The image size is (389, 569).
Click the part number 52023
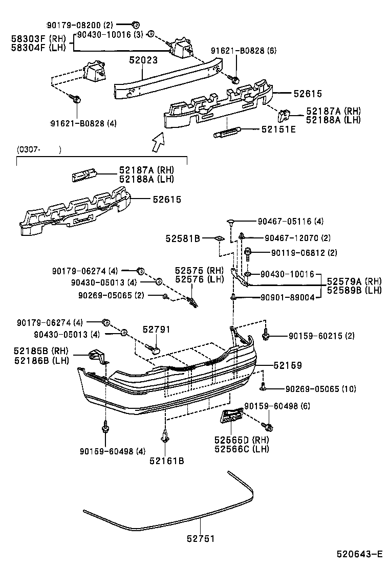[143, 60]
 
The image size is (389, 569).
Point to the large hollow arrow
[158, 140]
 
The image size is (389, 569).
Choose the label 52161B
[166, 461]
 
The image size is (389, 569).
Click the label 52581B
[183, 238]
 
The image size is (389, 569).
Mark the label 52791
[156, 330]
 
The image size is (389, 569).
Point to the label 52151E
[278, 129]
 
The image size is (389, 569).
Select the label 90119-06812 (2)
[296, 252]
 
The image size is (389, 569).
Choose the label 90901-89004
[287, 297]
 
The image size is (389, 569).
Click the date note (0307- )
[39, 149]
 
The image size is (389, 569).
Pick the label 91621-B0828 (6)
[244, 51]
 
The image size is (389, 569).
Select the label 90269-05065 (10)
[320, 389]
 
